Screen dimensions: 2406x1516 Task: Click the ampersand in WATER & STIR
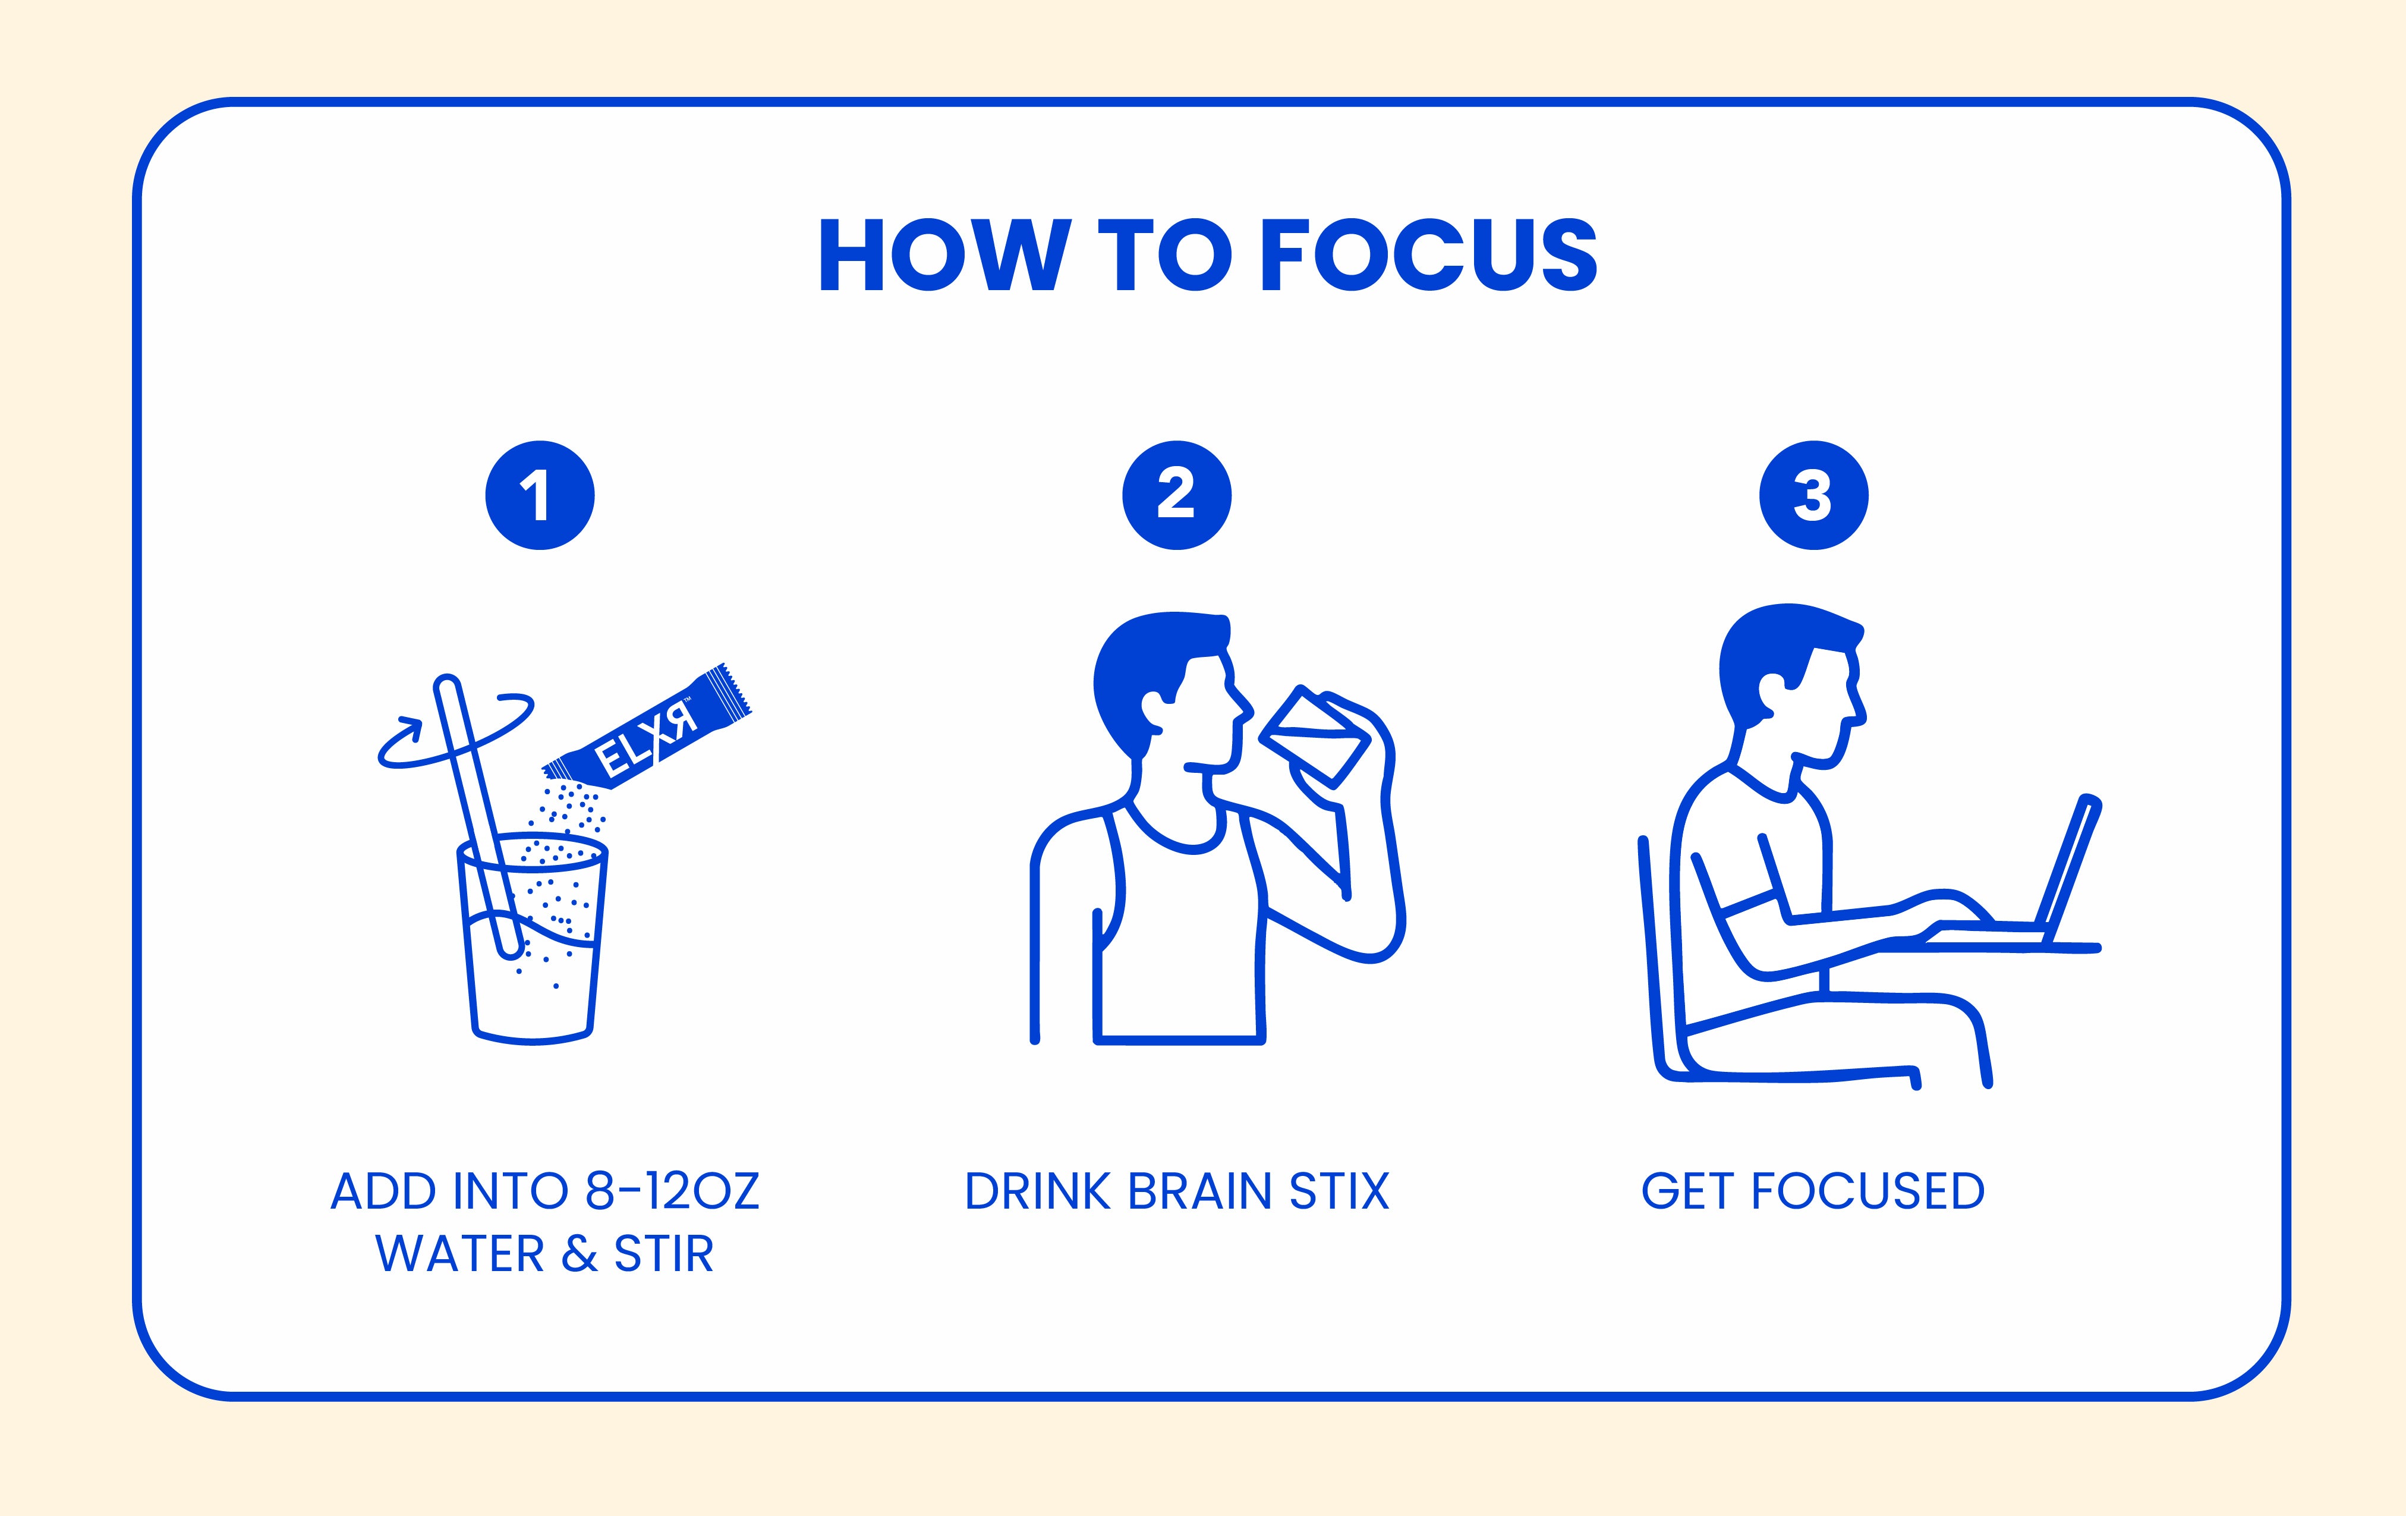[x=580, y=1254]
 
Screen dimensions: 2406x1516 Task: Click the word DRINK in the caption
[x=1038, y=1191]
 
